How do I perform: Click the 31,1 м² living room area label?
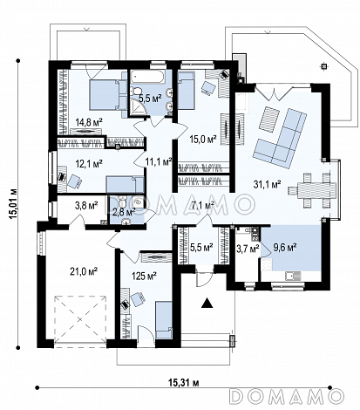pyautogui.click(x=267, y=184)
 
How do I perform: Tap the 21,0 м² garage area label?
pyautogui.click(x=84, y=271)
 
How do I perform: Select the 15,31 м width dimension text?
pyautogui.click(x=183, y=382)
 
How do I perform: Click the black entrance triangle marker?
pyautogui.click(x=207, y=303)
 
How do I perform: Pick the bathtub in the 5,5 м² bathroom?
pyautogui.click(x=147, y=78)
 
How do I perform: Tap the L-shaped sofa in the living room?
pyautogui.click(x=280, y=139)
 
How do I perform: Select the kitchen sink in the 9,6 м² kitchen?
pyautogui.click(x=293, y=276)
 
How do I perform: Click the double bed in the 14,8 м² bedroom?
pyautogui.click(x=105, y=95)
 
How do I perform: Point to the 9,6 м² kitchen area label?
pyautogui.click(x=284, y=248)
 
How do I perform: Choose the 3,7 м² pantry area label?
pyautogui.click(x=248, y=249)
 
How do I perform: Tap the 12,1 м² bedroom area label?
pyautogui.click(x=89, y=165)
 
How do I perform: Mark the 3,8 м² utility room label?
pyautogui.click(x=86, y=206)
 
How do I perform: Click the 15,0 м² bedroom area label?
pyautogui.click(x=203, y=140)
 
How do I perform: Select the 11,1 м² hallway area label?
pyautogui.click(x=159, y=161)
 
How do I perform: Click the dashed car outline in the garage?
pyautogui.click(x=80, y=319)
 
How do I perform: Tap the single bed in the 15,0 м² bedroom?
pyautogui.click(x=186, y=91)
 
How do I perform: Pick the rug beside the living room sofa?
pyautogui.click(x=268, y=119)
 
